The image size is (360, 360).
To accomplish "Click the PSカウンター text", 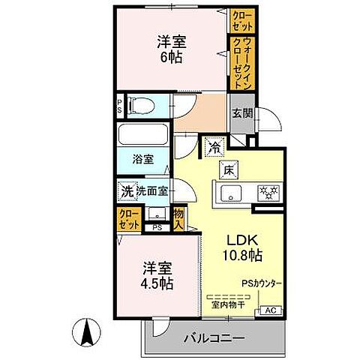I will (262, 283).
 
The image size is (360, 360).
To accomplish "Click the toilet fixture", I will (139, 106).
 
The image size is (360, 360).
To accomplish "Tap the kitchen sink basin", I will (230, 190).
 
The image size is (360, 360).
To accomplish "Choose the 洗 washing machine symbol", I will (127, 191).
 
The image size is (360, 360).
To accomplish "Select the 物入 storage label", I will (178, 218).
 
